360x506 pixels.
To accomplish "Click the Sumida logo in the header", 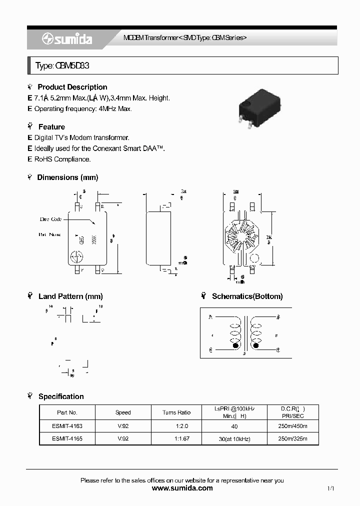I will (67, 39).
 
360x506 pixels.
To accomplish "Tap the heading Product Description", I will (72, 87).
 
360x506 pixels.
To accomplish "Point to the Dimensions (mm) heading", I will (67, 177).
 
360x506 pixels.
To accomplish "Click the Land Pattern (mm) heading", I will (70, 296).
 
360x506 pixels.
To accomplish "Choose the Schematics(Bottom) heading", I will (247, 296).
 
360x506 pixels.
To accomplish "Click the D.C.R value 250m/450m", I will (292, 426).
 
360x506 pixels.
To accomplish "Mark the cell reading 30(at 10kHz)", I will (234, 439).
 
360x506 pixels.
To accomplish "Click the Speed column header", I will (123, 412).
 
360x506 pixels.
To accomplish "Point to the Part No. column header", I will (67, 412).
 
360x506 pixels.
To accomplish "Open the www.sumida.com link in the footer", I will (182, 488).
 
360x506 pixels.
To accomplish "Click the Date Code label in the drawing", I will (50, 219).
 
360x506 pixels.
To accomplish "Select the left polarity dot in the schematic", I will (235, 345).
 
